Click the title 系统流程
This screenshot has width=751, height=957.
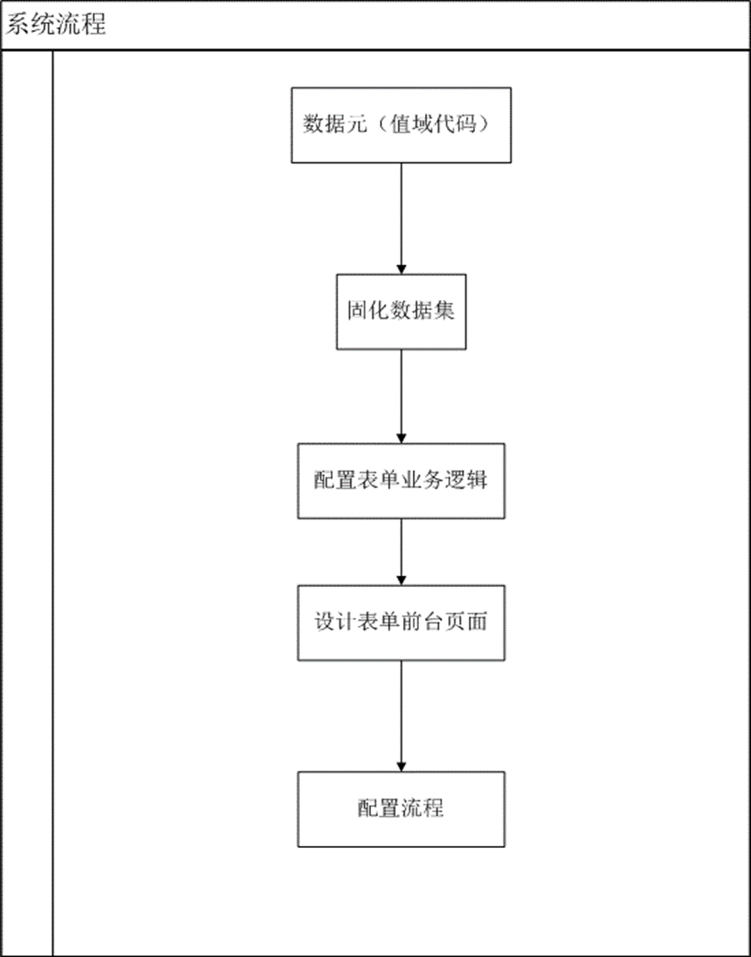coord(56,25)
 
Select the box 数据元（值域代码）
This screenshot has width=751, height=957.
coord(401,125)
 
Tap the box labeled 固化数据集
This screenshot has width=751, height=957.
coord(401,312)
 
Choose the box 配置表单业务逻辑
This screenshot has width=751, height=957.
coord(401,481)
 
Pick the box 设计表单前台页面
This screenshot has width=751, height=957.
coord(401,622)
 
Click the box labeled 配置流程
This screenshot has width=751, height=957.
coord(401,809)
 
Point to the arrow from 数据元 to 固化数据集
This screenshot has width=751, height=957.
coord(401,218)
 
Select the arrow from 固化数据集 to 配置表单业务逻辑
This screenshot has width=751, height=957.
coord(401,397)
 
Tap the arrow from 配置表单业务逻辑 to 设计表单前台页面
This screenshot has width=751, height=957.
coord(401,552)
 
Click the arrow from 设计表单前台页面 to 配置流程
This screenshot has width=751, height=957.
coord(401,716)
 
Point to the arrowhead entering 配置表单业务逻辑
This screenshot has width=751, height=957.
coord(401,439)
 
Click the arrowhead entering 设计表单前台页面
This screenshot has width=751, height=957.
coord(401,581)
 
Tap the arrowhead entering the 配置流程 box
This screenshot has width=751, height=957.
coord(401,767)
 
